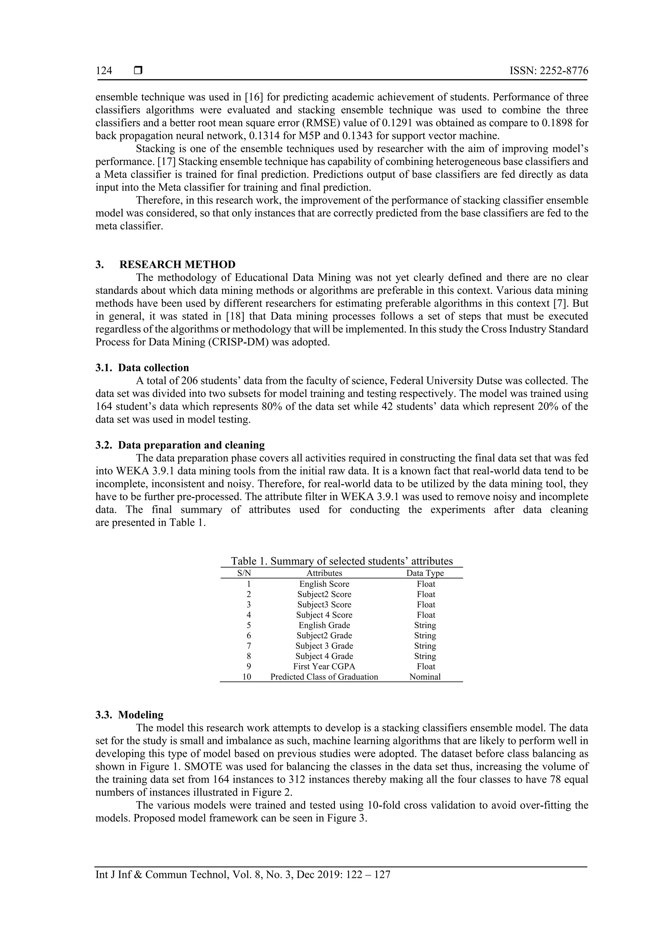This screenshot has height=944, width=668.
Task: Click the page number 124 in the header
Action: coord(104,71)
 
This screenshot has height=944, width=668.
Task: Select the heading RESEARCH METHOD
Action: coord(177,264)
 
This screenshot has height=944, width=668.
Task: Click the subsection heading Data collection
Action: coord(153,368)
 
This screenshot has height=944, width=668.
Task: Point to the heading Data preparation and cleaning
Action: coord(191,445)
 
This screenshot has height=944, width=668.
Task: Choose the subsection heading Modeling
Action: coord(141,715)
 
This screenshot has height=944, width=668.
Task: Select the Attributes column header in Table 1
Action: coord(324,573)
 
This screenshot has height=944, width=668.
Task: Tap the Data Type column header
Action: coord(425,573)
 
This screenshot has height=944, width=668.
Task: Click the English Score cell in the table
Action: coord(324,584)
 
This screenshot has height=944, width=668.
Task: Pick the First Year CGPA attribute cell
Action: coord(324,667)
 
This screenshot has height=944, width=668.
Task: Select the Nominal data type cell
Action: coord(425,677)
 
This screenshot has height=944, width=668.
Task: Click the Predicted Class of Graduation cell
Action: coord(324,677)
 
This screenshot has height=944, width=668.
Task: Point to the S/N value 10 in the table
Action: coord(247,677)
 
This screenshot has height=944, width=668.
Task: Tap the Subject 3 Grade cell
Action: coord(324,646)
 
